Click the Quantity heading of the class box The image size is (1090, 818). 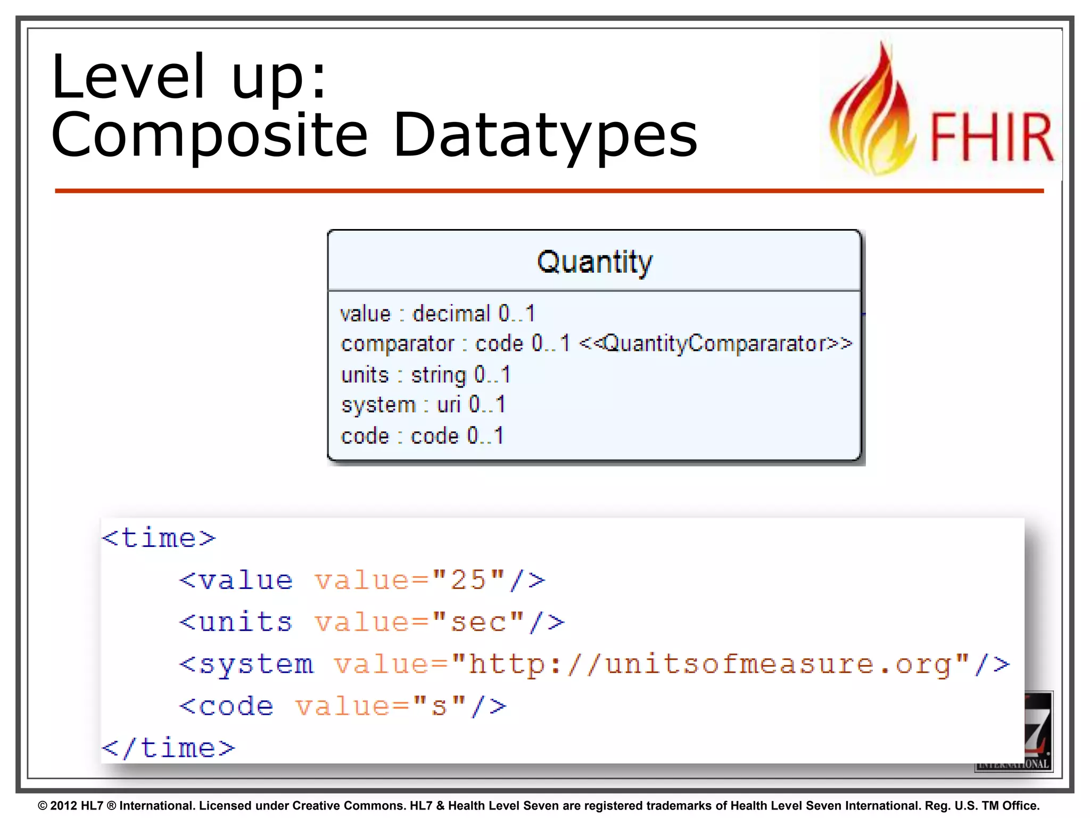[594, 262]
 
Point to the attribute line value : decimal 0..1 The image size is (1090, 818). [437, 314]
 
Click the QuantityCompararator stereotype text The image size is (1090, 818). [715, 343]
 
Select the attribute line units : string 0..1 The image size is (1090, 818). [426, 375]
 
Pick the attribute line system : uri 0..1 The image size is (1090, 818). [423, 405]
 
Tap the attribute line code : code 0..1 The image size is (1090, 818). [422, 436]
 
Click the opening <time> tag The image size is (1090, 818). [159, 538]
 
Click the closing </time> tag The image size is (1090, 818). [168, 748]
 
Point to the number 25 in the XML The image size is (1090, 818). [468, 580]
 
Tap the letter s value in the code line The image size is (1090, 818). [439, 707]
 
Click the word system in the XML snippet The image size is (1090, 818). [256, 665]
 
